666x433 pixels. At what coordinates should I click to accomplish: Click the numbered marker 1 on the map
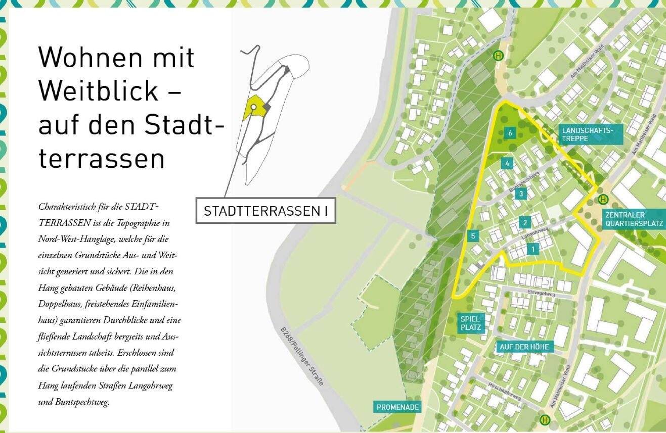pyautogui.click(x=532, y=249)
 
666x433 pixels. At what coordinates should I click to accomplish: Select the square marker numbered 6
pyautogui.click(x=511, y=133)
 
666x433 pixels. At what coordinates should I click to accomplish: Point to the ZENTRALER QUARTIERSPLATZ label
pyautogui.click(x=633, y=218)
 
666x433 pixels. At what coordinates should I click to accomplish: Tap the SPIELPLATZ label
pyautogui.click(x=472, y=323)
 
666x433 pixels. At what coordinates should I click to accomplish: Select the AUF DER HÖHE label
pyautogui.click(x=526, y=347)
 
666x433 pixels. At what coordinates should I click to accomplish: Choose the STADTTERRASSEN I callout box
pyautogui.click(x=265, y=211)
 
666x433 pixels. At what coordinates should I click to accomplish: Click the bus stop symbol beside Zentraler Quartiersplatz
pyautogui.click(x=602, y=199)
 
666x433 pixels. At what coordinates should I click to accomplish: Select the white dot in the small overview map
pyautogui.click(x=253, y=107)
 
